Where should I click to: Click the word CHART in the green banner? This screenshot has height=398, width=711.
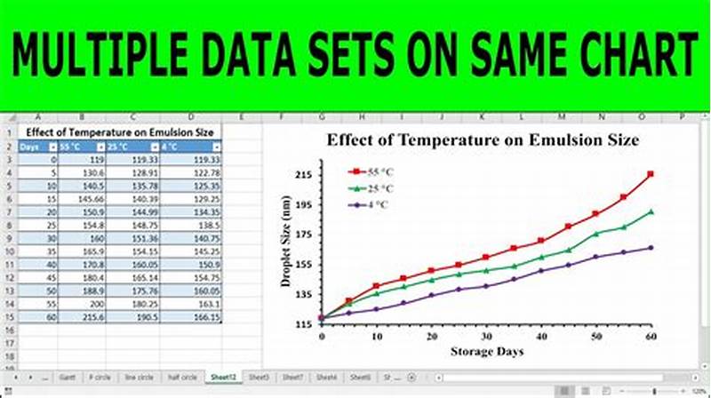(x=628, y=55)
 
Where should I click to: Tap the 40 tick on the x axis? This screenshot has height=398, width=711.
(x=540, y=337)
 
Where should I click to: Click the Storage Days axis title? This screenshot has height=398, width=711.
(x=486, y=352)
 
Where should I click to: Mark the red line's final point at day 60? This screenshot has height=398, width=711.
(x=651, y=174)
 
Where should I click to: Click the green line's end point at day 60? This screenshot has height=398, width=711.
(x=651, y=211)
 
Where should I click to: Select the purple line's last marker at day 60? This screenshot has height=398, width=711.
(x=651, y=248)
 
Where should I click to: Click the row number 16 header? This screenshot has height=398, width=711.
(x=8, y=330)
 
